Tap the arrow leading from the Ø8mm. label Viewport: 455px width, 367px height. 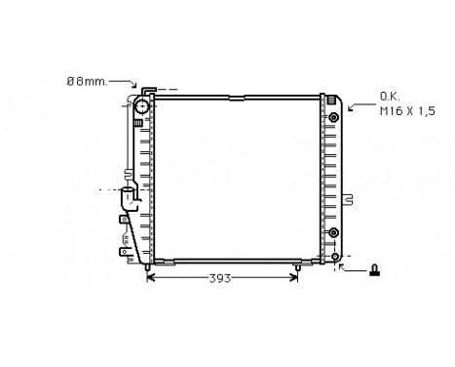[123, 85]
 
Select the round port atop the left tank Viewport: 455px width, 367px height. [140, 105]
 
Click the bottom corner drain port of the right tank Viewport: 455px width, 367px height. [336, 257]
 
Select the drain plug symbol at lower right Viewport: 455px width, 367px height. [374, 267]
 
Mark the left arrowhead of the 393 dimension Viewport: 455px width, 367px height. [150, 277]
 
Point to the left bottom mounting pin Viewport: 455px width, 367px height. [146, 265]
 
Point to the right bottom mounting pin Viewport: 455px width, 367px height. [297, 265]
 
